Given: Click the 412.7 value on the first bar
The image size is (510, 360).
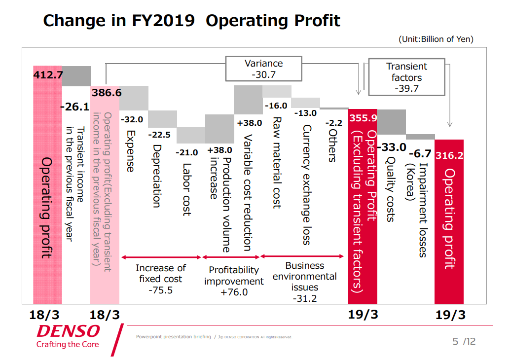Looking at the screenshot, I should pyautogui.click(x=48, y=75).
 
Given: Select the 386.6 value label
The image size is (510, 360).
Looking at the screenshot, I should pyautogui.click(x=106, y=92).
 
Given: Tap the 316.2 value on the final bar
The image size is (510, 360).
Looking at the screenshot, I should pyautogui.click(x=449, y=155).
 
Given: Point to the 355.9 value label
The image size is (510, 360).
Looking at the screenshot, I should pyautogui.click(x=363, y=118).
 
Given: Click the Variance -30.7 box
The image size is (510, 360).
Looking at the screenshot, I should pyautogui.click(x=263, y=69).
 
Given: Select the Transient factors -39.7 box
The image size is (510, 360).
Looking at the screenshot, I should pyautogui.click(x=406, y=77).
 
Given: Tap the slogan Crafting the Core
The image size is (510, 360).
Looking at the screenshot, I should pyautogui.click(x=68, y=344).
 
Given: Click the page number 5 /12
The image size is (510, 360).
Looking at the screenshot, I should pyautogui.click(x=464, y=341).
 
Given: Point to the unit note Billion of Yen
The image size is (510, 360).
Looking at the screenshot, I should pyautogui.click(x=436, y=39).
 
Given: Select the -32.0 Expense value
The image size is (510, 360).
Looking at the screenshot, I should pyautogui.click(x=132, y=119).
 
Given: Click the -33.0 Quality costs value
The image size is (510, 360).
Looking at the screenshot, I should pyautogui.click(x=392, y=147).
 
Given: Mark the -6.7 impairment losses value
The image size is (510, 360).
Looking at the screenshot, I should pyautogui.click(x=420, y=153).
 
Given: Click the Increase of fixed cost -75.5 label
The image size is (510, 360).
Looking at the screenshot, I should pyautogui.click(x=161, y=279).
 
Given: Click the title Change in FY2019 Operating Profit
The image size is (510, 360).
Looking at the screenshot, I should pyautogui.click(x=191, y=21).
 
